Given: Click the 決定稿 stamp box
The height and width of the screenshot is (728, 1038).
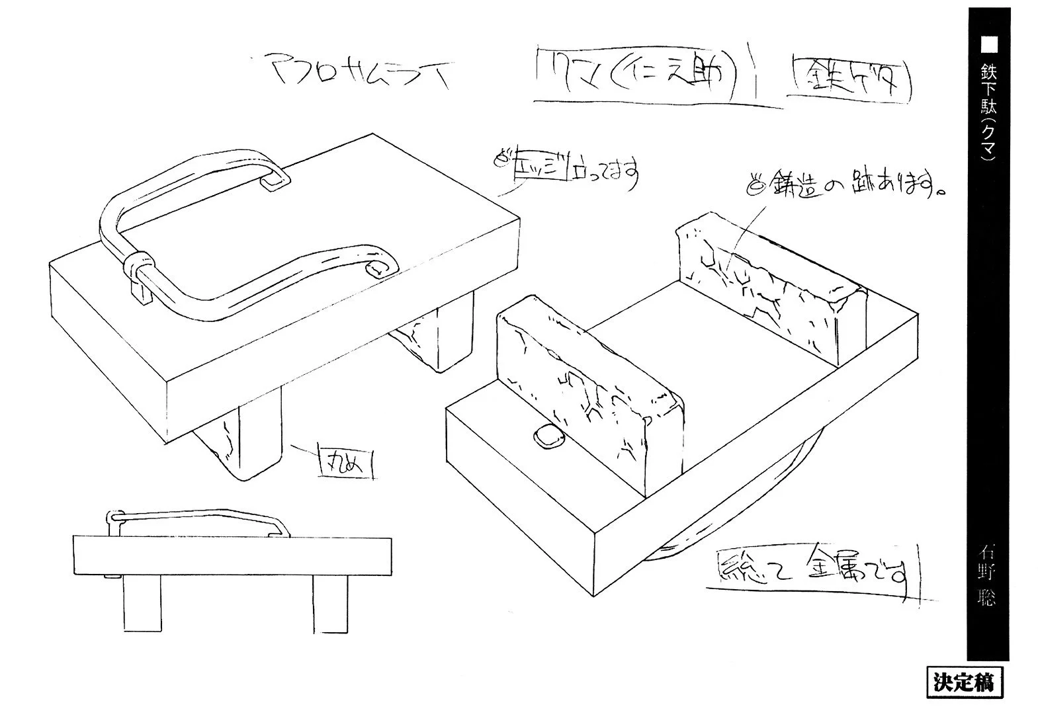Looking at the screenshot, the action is [964, 682].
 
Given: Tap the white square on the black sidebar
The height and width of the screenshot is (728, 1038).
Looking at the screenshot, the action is [988, 44].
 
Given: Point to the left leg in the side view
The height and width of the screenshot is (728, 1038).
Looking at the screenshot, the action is [143, 602].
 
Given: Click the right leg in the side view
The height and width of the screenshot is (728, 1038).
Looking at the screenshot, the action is [331, 602].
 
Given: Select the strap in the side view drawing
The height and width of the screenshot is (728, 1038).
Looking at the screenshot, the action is [198, 515].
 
